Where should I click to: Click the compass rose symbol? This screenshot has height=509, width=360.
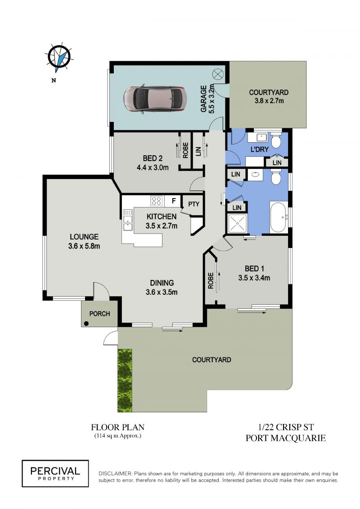[x=59, y=58]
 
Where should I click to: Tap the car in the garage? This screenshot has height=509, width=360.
[x=153, y=99]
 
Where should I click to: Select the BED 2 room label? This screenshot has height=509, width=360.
[x=153, y=158]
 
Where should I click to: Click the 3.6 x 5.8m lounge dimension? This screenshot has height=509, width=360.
[x=84, y=246]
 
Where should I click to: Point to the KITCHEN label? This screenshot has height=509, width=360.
[x=162, y=216]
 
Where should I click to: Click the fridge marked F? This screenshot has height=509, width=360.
[x=174, y=201]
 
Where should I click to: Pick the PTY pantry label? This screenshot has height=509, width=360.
[x=194, y=204]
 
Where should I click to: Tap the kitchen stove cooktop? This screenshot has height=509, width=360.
[x=157, y=201]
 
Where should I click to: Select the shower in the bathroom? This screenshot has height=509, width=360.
[x=238, y=224]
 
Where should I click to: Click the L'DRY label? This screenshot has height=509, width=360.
[x=260, y=149]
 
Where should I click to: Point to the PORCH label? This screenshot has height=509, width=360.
[x=99, y=314]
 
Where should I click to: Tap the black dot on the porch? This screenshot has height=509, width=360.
[x=86, y=323]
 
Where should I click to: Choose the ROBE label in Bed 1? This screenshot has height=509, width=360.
[x=211, y=280]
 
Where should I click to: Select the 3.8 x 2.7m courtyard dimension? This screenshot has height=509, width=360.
[x=269, y=101]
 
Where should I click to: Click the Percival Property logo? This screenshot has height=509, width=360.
[x=55, y=473]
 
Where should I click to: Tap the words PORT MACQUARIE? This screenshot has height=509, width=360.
[x=286, y=438]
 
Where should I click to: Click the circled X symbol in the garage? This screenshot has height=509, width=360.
[x=217, y=74]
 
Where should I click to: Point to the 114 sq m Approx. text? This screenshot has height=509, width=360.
[x=118, y=436]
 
